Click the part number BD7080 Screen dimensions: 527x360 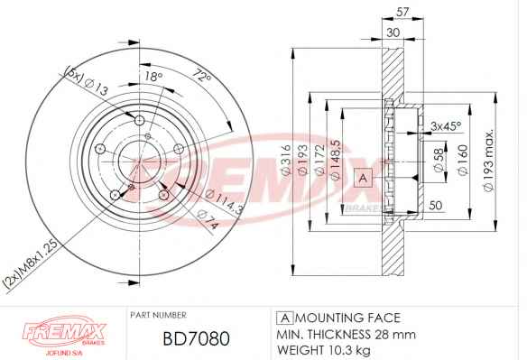pyautogui.click(x=197, y=338)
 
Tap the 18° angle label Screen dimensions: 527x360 pyautogui.click(x=153, y=77)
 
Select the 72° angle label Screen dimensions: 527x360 pyautogui.click(x=201, y=77)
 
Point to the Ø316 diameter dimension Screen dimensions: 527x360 pyautogui.click(x=286, y=159)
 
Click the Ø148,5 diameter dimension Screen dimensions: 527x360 pyautogui.click(x=336, y=160)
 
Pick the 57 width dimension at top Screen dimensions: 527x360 pyautogui.click(x=402, y=12)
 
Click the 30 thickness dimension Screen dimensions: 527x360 pyautogui.click(x=393, y=32)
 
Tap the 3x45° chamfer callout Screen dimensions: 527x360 pyautogui.click(x=447, y=126)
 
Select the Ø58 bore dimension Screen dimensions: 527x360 pyautogui.click(x=439, y=161)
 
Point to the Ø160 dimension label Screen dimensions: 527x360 pyautogui.click(x=463, y=160)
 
